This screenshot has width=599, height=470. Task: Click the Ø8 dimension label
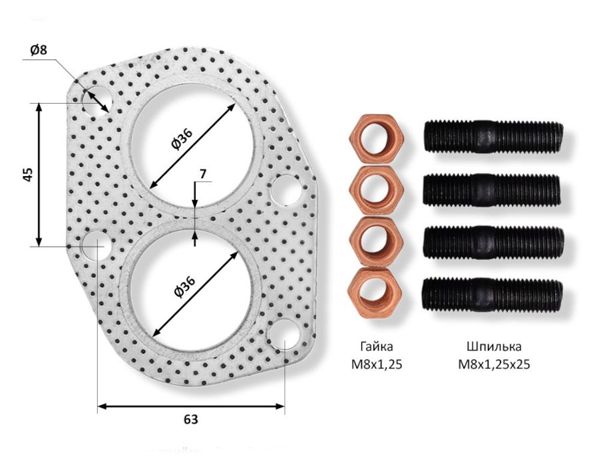[x=38, y=50]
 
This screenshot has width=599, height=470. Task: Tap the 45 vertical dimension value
[x=28, y=174]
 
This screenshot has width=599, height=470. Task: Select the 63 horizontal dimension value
[x=191, y=419]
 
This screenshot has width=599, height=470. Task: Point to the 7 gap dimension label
[x=203, y=174]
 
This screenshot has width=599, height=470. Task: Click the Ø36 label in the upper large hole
[x=182, y=139]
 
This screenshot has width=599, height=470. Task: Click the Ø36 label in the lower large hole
[x=184, y=286]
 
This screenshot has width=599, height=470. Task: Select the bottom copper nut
[x=376, y=292]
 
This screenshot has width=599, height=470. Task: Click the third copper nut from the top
[x=376, y=241]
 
